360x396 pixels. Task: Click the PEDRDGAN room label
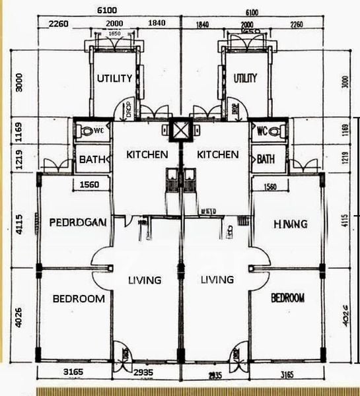click(x=78, y=222)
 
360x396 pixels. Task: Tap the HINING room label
click(x=290, y=224)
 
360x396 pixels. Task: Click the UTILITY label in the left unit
click(x=115, y=78)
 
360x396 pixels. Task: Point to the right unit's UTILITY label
click(x=245, y=78)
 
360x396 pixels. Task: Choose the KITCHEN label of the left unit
click(x=147, y=154)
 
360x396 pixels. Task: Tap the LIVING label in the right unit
click(x=217, y=280)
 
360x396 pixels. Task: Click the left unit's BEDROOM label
click(x=78, y=298)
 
